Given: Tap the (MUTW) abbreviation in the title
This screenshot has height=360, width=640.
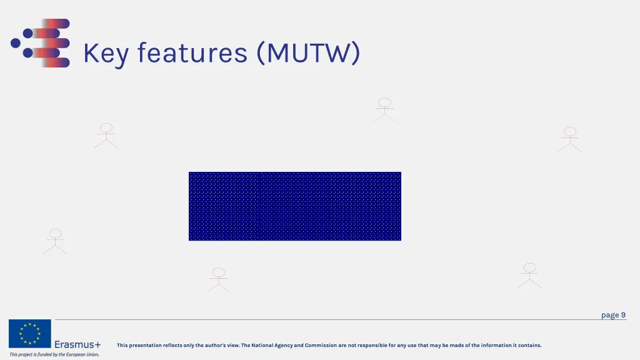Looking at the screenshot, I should coord(308,53).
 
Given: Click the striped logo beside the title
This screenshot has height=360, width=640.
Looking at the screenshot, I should coord(41,43).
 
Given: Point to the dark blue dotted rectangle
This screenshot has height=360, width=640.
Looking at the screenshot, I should coord(295,206).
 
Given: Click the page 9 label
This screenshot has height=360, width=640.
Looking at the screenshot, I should coord(613,315).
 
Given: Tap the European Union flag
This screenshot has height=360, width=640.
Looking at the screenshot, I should coord(29,334).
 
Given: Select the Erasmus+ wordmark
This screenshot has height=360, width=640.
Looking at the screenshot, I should coord(77,344).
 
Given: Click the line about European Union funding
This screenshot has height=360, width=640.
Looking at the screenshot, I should coord(54,354).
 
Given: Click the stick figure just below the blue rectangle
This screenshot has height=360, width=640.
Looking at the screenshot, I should coord(219,280).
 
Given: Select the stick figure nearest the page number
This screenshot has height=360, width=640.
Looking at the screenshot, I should coord(529,276).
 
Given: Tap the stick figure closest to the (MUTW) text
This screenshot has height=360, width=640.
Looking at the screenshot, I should coord(384,111).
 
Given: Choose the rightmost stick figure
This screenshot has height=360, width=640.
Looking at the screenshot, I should coord(569,139).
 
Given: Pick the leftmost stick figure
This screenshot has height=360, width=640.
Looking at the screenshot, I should coord(55,241).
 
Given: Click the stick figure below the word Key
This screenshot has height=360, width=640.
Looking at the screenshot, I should coord(106,136).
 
